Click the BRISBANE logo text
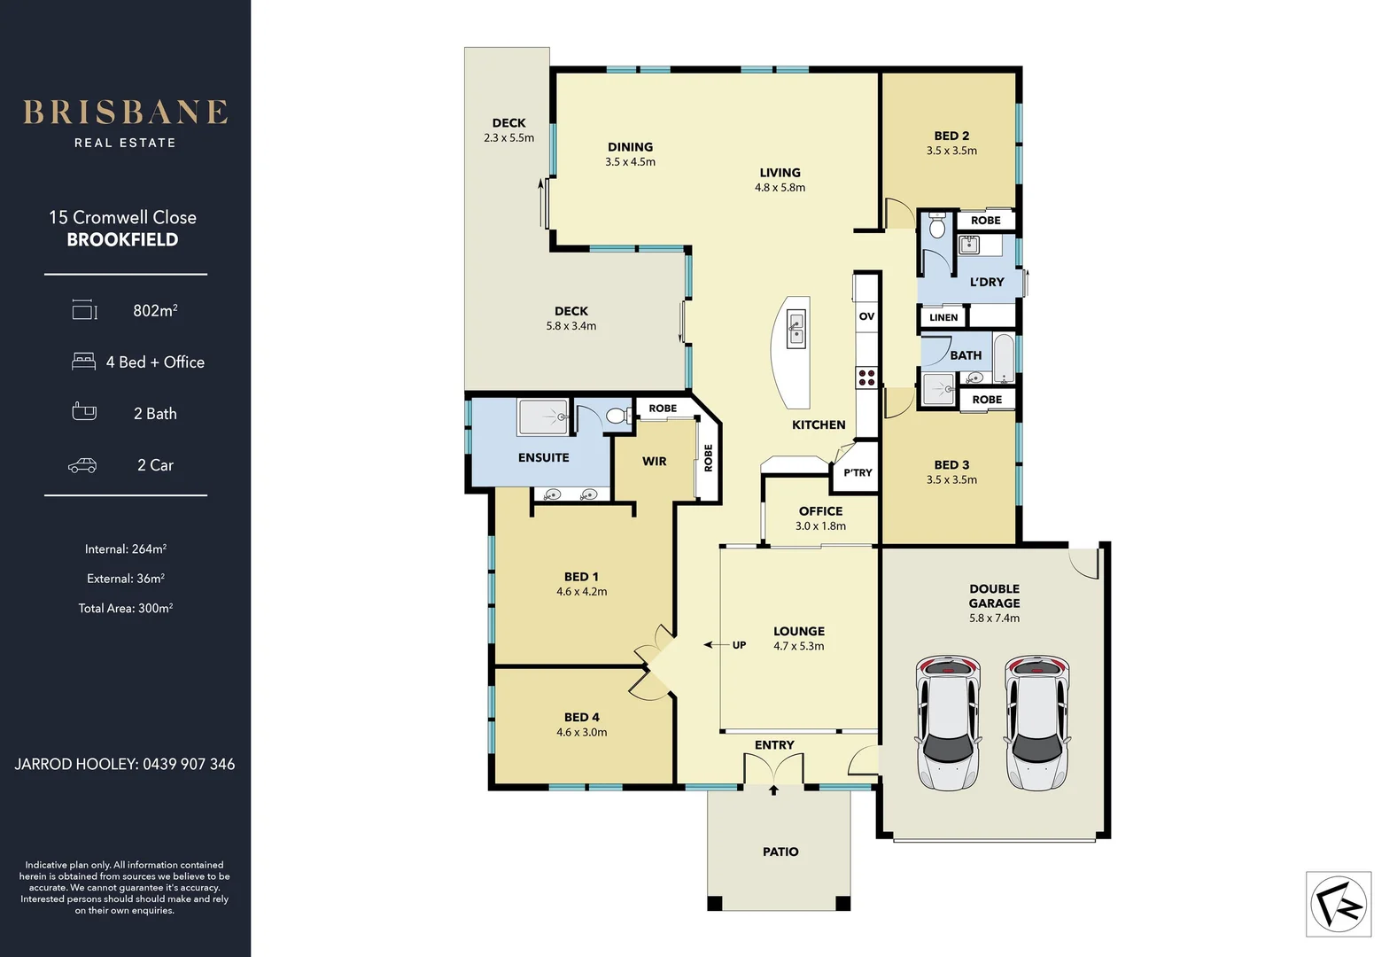click(125, 113)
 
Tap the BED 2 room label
click(951, 136)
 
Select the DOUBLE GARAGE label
click(994, 595)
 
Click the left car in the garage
click(948, 722)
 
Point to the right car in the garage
click(1036, 722)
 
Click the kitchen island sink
click(796, 326)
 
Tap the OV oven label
click(866, 316)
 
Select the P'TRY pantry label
click(858, 472)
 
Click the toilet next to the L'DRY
click(938, 227)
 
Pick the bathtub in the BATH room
click(1004, 358)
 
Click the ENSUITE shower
click(543, 416)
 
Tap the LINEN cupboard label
click(943, 317)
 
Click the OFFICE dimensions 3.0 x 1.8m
click(820, 525)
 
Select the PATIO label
click(780, 852)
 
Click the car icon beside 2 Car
click(82, 465)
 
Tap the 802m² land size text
click(155, 310)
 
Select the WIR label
click(654, 461)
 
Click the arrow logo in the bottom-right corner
click(1338, 904)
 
